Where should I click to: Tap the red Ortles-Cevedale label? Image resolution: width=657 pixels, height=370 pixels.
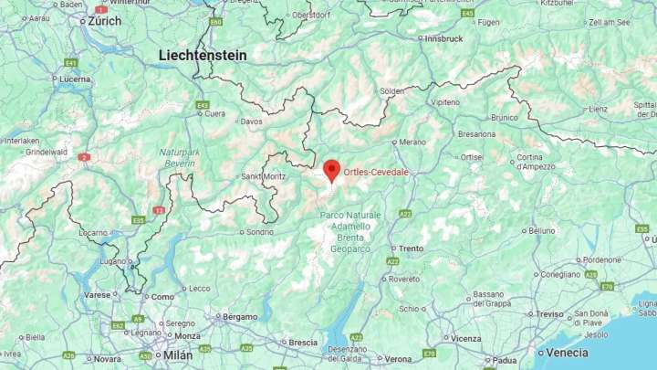pyautogui.click(x=376, y=172)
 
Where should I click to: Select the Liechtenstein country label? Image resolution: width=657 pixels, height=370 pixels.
pyautogui.click(x=203, y=55)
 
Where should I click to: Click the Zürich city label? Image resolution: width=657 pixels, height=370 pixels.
pyautogui.click(x=105, y=20)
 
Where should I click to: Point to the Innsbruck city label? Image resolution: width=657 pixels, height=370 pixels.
pyautogui.click(x=444, y=38)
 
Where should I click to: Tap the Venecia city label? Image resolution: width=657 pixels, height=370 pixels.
pyautogui.click(x=567, y=353)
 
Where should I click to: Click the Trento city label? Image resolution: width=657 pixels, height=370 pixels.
pyautogui.click(x=412, y=248)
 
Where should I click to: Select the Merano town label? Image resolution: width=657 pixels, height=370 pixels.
pyautogui.click(x=412, y=142)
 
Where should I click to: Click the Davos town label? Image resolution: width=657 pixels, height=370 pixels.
pyautogui.click(x=251, y=121)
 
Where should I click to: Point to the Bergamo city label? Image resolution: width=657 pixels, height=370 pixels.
pyautogui.click(x=240, y=316)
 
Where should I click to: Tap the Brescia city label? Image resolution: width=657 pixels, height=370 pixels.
pyautogui.click(x=303, y=342)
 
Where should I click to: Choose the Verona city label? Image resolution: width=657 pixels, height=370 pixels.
pyautogui.click(x=398, y=359)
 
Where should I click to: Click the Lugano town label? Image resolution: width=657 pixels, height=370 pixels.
pyautogui.click(x=114, y=260)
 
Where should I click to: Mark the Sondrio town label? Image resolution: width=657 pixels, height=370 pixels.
pyautogui.click(x=259, y=231)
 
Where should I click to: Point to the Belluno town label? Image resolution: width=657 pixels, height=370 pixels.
pyautogui.click(x=541, y=230)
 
